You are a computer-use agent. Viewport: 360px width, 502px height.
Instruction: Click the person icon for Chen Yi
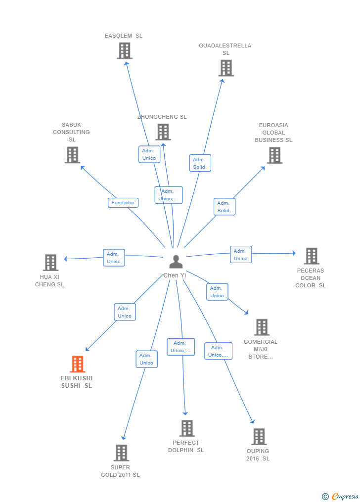[176, 262]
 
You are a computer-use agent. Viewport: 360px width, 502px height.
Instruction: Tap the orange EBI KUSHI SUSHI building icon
[78, 364]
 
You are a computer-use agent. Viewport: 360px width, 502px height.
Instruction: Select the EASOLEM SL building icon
[125, 51]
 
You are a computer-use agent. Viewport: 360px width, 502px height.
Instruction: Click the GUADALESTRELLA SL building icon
[226, 68]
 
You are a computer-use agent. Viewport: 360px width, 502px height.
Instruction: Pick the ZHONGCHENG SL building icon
[163, 132]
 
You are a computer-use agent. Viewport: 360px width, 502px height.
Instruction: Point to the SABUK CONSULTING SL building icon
[73, 155]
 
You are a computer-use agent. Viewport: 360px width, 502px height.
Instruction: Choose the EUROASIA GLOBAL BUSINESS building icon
[275, 155]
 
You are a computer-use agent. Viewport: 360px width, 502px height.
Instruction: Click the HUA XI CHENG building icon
[51, 263]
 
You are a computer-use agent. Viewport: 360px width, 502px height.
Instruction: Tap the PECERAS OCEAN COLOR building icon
[312, 256]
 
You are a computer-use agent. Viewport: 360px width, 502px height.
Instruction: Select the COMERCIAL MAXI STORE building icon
[262, 327]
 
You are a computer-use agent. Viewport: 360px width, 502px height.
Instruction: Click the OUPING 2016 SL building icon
[259, 437]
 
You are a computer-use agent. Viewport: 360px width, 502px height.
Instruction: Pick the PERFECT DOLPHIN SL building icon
[187, 428]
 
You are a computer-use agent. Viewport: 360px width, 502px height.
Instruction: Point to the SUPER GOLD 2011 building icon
[122, 453]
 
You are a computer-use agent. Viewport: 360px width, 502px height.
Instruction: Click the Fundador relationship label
[123, 203]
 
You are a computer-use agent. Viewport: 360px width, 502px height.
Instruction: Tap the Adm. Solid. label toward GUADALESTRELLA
[200, 163]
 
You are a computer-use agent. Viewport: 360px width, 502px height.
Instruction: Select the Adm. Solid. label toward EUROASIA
[225, 207]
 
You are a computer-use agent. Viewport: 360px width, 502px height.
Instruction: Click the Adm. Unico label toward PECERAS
[241, 255]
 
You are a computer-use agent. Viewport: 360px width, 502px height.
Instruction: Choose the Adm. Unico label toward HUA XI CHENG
[114, 258]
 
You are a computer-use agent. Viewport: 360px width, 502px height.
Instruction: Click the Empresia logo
[341, 496]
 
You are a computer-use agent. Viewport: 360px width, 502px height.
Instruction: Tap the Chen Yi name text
[175, 275]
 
